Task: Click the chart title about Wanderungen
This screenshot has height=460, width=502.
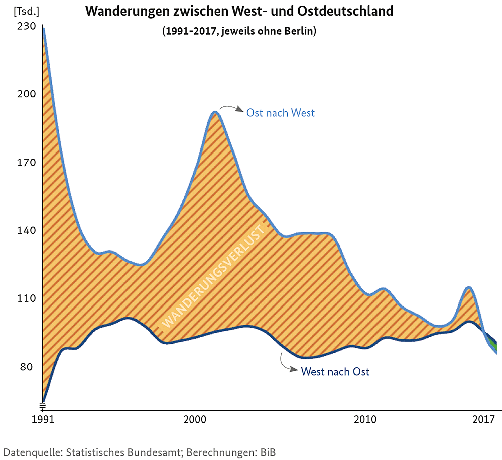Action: pyautogui.click(x=239, y=12)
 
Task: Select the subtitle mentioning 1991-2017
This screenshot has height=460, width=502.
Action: pyautogui.click(x=239, y=31)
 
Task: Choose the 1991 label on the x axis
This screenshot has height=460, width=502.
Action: pyautogui.click(x=43, y=419)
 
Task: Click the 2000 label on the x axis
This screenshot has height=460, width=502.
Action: pyautogui.click(x=195, y=419)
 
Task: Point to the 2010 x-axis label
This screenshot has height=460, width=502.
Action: pyautogui.click(x=365, y=419)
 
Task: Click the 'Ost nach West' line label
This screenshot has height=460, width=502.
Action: pyautogui.click(x=281, y=113)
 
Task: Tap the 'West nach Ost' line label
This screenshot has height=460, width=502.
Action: pyautogui.click(x=335, y=372)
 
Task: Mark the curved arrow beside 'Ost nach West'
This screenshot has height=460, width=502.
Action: pyautogui.click(x=231, y=108)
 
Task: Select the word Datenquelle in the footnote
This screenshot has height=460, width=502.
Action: pyautogui.click(x=31, y=452)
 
